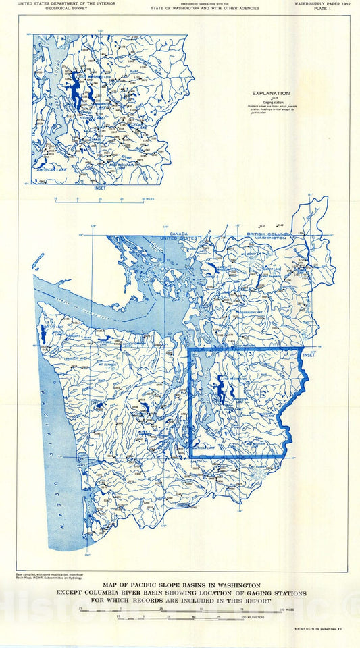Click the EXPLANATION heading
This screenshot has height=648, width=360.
pos(271,94)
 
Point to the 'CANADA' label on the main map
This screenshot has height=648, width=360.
pos(179,234)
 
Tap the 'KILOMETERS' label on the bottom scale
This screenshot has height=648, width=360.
pos(290,616)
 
